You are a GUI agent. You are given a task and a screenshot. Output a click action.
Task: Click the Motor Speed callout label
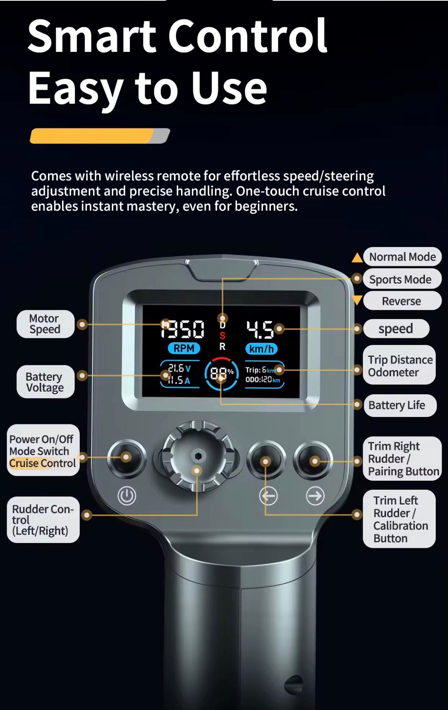click(x=45, y=324)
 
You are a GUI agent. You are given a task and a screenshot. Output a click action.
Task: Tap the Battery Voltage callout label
click(x=45, y=382)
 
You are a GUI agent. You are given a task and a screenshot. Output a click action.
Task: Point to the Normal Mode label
click(x=402, y=257)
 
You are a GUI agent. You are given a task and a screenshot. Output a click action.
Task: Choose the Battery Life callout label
click(x=400, y=405)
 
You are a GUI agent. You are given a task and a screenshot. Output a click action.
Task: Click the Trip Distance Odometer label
click(x=399, y=366)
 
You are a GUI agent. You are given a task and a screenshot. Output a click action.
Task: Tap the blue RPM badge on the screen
click(x=184, y=348)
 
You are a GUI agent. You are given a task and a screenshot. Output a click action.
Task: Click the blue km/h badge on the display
click(x=261, y=349)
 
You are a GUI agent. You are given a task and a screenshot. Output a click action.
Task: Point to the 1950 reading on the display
click(x=182, y=329)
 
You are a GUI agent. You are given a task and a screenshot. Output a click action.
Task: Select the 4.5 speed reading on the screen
click(x=260, y=329)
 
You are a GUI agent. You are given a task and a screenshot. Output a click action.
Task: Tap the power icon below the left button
click(x=127, y=496)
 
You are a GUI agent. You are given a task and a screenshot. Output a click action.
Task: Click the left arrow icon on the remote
click(x=268, y=496)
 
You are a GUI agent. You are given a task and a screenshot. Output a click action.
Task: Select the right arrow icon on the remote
click(x=315, y=496)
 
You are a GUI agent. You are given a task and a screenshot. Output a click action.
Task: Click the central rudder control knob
click(x=197, y=456)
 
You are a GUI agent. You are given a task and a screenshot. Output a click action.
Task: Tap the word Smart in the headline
click(x=92, y=36)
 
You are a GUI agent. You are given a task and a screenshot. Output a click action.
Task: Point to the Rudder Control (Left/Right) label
click(x=43, y=520)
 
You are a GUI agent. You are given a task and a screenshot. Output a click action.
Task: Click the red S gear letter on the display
click(x=222, y=336)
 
